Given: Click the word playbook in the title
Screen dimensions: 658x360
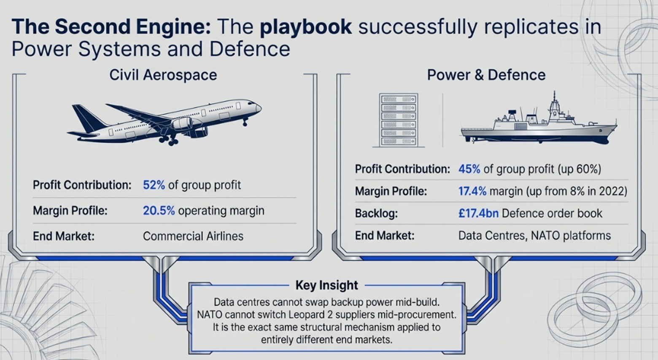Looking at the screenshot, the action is (305, 27).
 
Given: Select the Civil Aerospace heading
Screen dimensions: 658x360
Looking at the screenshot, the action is (163, 75).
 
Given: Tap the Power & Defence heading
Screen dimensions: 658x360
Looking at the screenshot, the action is (486, 75).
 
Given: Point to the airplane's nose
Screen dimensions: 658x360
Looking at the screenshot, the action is (258, 107).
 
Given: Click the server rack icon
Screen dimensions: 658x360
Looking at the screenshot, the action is (398, 120).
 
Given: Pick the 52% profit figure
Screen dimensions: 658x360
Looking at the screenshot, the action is (154, 185).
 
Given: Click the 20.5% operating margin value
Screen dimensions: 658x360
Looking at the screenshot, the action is (159, 211).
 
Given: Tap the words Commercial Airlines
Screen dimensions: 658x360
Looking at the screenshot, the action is (193, 236).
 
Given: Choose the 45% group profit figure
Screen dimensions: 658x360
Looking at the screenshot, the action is (469, 169).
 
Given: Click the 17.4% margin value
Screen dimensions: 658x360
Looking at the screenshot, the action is (472, 191).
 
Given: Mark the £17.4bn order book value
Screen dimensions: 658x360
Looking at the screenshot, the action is (478, 213).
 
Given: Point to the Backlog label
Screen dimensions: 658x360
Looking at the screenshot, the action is (376, 213).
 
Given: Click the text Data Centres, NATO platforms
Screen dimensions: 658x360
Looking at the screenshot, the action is (534, 235).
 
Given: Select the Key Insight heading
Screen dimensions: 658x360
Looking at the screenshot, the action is (326, 285).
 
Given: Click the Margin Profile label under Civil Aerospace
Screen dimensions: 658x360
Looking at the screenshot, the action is (70, 211).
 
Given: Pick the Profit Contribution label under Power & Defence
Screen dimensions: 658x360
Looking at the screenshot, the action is (402, 169).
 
